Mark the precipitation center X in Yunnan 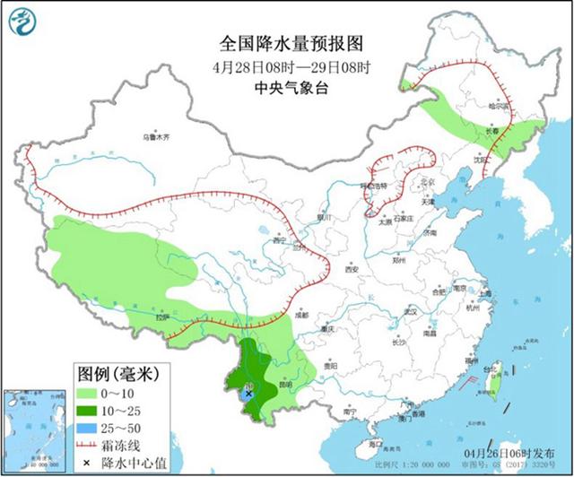248,393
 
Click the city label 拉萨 161,317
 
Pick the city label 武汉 411,311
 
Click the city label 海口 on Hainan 375,443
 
